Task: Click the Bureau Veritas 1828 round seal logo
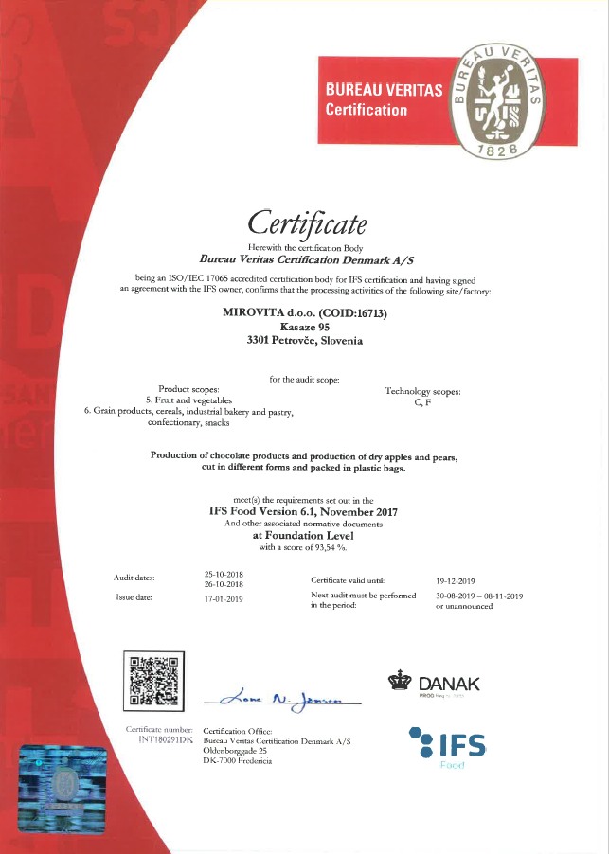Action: tap(497, 99)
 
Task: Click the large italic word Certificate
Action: tap(306, 222)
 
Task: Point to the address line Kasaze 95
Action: tap(304, 326)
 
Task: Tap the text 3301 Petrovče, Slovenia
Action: tap(304, 339)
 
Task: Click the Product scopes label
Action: tap(188, 389)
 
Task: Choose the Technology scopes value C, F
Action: tap(422, 402)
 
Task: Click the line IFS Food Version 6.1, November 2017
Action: tap(303, 511)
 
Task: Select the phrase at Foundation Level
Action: tap(303, 534)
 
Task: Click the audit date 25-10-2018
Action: tap(224, 575)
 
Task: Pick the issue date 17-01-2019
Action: tap(224, 598)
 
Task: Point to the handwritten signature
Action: tap(282, 699)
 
